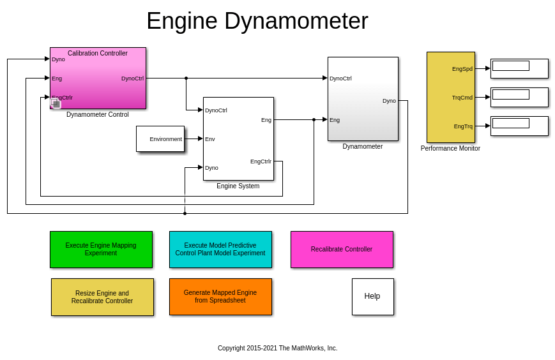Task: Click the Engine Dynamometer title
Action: click(x=257, y=21)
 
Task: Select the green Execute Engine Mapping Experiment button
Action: click(x=101, y=250)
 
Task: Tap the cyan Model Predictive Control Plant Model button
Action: click(x=220, y=250)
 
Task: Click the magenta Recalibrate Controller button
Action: click(x=342, y=250)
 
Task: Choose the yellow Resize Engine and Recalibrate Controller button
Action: click(x=102, y=297)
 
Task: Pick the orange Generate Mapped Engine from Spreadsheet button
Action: click(x=220, y=297)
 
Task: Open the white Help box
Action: click(x=372, y=296)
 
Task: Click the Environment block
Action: click(x=160, y=139)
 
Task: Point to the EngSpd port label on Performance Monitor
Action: click(x=462, y=69)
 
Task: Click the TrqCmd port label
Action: click(x=462, y=98)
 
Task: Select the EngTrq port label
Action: click(x=463, y=126)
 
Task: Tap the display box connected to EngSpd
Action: click(x=519, y=68)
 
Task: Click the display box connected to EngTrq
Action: click(x=519, y=126)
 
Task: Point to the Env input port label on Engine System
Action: click(x=210, y=139)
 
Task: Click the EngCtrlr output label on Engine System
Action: click(x=261, y=161)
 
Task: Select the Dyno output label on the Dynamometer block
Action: click(x=389, y=101)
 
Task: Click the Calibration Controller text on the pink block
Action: click(x=98, y=54)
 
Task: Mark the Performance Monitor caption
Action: click(x=450, y=149)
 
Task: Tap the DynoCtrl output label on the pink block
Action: click(x=132, y=79)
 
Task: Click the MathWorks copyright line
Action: click(x=277, y=349)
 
